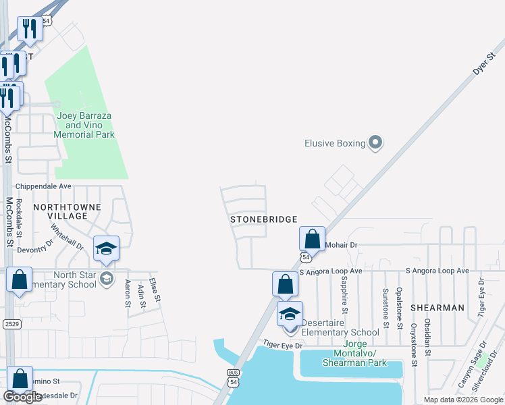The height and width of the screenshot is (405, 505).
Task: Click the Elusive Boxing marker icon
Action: tap(376, 142)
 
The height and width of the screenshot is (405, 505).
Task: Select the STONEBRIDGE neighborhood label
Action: tap(264, 219)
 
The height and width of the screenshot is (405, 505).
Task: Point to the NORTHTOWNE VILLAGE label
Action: tap(68, 211)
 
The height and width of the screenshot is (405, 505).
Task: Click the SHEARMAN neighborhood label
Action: tap(440, 308)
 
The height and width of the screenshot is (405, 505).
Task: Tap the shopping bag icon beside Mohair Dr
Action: tap(312, 239)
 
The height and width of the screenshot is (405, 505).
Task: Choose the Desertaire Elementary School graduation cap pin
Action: tap(290, 314)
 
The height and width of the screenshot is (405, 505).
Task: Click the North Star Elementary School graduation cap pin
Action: tap(106, 248)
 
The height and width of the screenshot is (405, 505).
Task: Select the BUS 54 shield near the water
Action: tap(234, 377)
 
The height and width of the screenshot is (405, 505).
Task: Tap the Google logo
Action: tap(23, 397)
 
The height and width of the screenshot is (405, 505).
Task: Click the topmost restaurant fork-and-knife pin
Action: tap(30, 28)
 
